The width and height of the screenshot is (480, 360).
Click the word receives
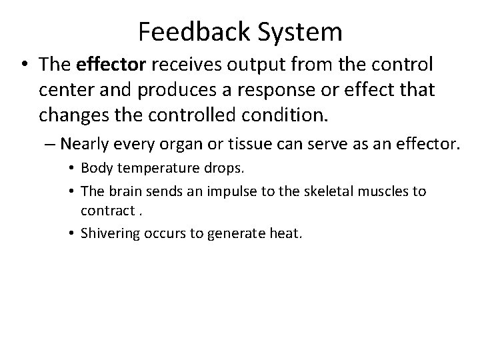click(x=176, y=66)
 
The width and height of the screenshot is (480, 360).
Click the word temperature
click(x=145, y=173)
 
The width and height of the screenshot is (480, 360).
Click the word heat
click(x=289, y=233)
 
